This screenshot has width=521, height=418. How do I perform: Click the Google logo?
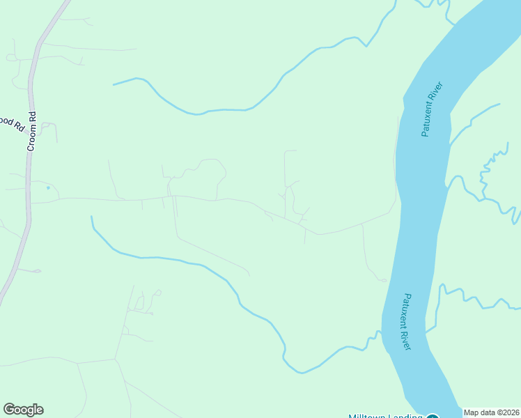coord(23,410)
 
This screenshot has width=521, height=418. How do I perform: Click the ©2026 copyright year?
coord(509,412)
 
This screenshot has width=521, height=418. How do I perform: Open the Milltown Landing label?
coord(385,416)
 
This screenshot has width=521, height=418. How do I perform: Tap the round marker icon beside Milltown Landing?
coord(433,416)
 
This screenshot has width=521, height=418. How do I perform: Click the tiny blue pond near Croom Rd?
coord(47,187)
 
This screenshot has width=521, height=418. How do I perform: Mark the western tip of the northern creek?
coord(114,84)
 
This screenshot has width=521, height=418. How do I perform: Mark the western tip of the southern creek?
coord(91,217)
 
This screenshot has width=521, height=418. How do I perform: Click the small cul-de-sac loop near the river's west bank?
coord(382,280)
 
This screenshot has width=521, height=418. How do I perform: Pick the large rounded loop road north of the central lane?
coord(209,167)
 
